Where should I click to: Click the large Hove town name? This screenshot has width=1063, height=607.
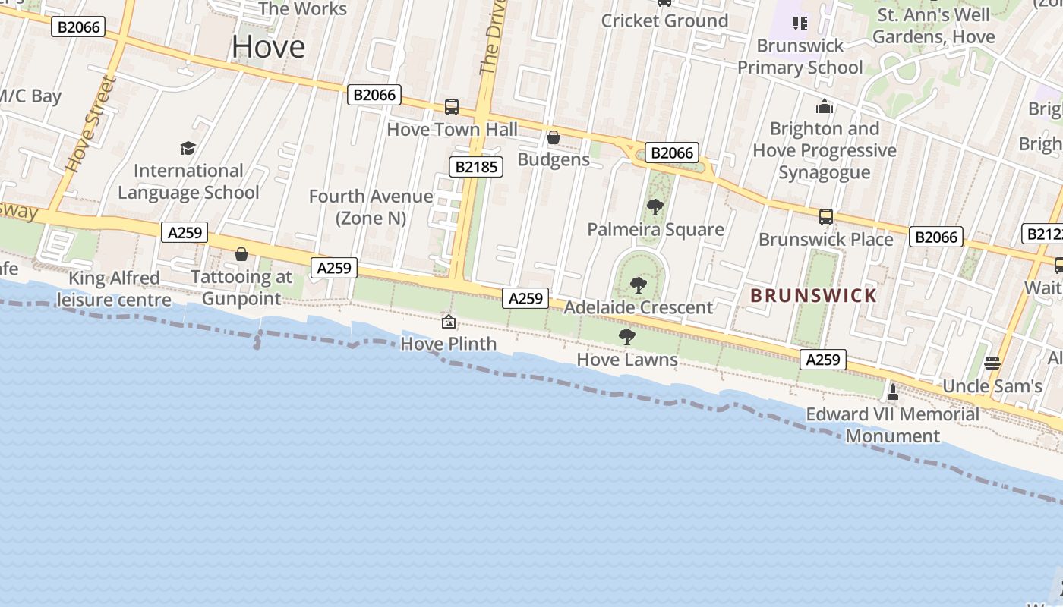[269, 47]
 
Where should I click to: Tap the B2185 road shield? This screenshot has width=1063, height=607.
[476, 167]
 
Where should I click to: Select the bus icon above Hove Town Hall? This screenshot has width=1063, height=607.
[452, 107]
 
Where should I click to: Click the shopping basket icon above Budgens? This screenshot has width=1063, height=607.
[554, 137]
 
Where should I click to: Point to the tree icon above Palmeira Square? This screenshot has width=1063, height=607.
[655, 206]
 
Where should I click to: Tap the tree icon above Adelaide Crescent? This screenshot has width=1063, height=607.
[639, 285]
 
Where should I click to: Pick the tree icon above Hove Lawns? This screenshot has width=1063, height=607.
[627, 337]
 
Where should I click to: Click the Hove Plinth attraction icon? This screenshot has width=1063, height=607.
[449, 322]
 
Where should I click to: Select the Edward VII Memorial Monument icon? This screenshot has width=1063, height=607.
[893, 392]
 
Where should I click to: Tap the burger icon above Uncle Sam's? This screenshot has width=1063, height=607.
[992, 363]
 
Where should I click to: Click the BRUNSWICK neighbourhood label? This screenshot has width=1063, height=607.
[813, 296]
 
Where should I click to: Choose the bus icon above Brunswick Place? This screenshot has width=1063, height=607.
[826, 217]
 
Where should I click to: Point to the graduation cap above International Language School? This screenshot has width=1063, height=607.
[188, 148]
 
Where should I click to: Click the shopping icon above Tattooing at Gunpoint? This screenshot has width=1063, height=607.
[241, 254]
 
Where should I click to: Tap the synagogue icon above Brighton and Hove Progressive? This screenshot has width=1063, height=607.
[825, 107]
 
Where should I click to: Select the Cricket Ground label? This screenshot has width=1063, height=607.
[664, 20]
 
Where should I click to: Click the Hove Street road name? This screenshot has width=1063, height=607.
[91, 124]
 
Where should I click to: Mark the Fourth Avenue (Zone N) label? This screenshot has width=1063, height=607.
[371, 207]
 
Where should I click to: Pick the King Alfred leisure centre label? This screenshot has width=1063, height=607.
[114, 289]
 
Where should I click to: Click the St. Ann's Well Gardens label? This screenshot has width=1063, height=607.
[933, 26]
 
